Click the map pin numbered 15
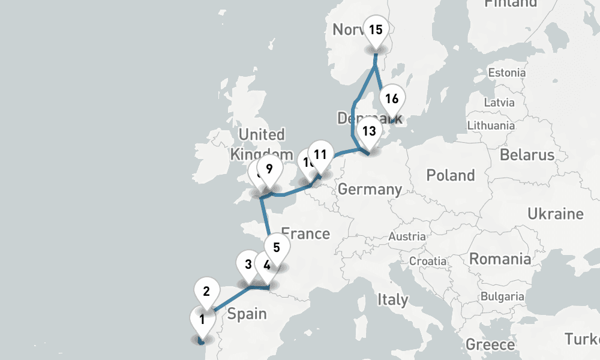[376, 29]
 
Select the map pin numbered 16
[392, 98]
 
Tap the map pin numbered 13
[369, 131]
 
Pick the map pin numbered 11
[320, 154]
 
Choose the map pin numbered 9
[269, 168]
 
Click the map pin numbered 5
[276, 247]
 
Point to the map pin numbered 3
[248, 264]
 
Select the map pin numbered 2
[206, 292]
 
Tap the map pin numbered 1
[202, 319]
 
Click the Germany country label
[370, 190]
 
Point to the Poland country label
[450, 175]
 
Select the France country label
[305, 233]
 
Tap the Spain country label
[247, 314]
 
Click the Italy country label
[392, 299]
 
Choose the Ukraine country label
[555, 214]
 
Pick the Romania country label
[500, 259]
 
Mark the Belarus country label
[527, 155]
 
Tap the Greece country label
[490, 344]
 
